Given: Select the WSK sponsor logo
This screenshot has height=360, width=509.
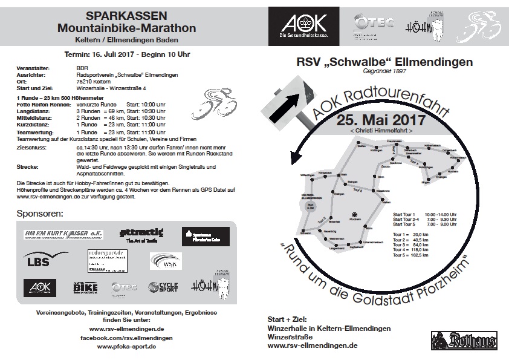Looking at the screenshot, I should (x=165, y=261).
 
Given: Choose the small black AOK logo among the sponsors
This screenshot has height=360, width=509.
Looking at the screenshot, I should (x=39, y=287).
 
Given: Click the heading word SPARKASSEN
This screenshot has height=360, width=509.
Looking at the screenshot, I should (x=126, y=15).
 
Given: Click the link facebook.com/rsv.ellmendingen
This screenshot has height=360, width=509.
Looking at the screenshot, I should (x=126, y=338).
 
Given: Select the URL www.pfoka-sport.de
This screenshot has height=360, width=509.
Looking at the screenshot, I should (x=126, y=347).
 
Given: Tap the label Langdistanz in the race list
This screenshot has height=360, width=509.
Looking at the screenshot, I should (x=33, y=111).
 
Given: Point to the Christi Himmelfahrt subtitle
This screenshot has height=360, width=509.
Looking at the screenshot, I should (x=381, y=131).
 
